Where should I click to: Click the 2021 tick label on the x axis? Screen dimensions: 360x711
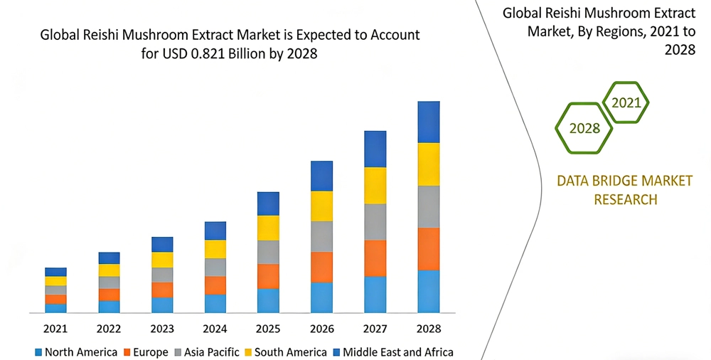coord(55,329)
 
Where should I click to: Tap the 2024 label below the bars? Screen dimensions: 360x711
coord(215,329)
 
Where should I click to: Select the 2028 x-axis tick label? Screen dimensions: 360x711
coord(428,329)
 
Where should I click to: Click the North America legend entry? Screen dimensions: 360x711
coord(76,352)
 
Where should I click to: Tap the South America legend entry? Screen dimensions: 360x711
coord(284,352)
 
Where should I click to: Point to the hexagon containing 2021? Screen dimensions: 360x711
coord(626,102)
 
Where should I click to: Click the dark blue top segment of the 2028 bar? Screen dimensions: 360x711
coord(428,122)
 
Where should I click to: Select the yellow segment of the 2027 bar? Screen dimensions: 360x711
coord(375,186)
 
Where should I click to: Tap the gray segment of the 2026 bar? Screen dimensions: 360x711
coord(321,236)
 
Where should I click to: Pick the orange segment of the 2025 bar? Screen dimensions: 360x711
coord(268,276)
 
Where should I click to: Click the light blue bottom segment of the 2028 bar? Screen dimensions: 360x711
coord(428,291)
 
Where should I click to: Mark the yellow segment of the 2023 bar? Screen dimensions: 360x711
coord(162,260)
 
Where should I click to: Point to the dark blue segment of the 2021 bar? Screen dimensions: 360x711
coord(55,272)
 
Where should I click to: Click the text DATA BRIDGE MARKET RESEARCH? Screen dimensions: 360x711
coord(624,190)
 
